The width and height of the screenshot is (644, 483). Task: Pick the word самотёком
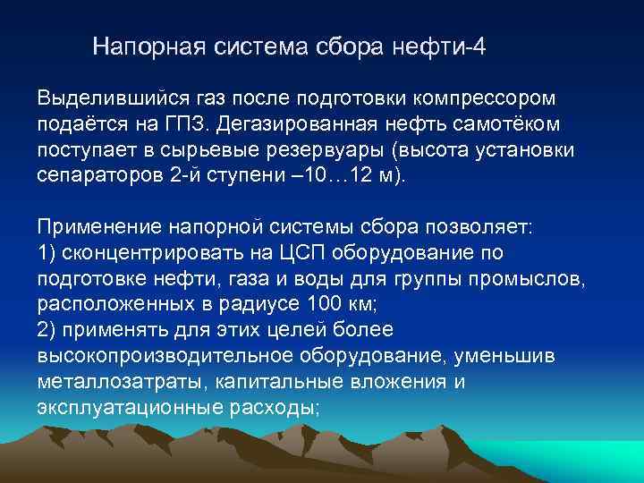pos(527,122)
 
